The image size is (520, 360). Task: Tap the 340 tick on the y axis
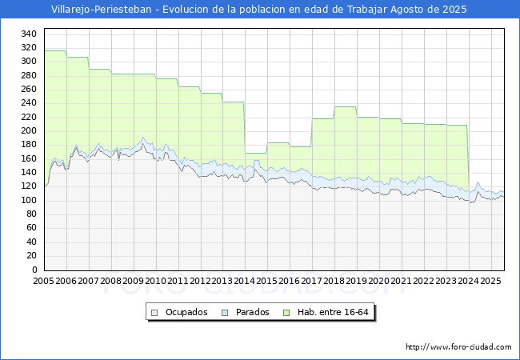point(28,34)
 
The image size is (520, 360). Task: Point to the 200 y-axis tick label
point(28,130)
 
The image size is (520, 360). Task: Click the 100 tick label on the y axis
point(28,200)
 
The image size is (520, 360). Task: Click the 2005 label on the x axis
point(43,281)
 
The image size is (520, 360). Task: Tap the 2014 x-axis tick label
point(245,281)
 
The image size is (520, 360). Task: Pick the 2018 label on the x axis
point(334,281)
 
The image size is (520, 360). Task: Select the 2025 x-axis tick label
point(491,281)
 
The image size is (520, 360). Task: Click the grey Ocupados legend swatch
point(155,312)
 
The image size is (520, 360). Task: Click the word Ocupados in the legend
point(186,312)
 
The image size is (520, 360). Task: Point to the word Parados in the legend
point(253,312)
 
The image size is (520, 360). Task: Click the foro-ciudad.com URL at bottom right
point(458,347)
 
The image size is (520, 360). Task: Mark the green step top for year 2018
point(345,106)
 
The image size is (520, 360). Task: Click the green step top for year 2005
point(54,50)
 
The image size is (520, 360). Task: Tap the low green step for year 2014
point(255,153)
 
